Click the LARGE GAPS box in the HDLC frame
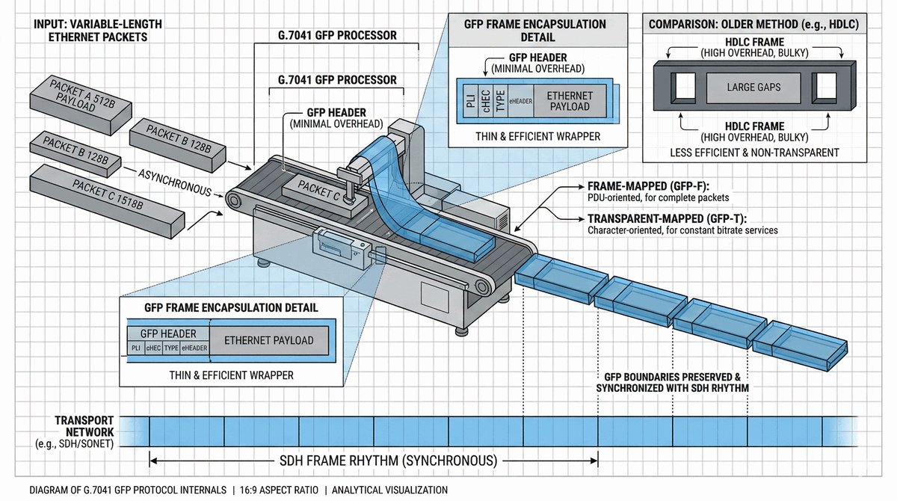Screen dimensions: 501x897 (753, 87)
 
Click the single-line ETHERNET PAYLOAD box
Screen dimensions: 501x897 (269, 341)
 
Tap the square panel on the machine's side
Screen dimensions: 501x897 (434, 296)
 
